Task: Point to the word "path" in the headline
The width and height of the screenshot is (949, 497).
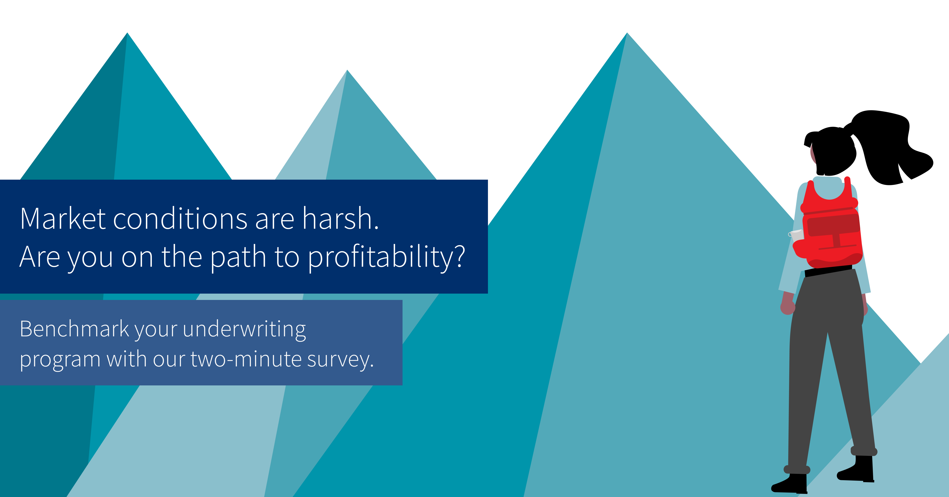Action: point(238,258)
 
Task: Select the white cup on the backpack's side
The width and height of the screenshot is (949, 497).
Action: point(796,234)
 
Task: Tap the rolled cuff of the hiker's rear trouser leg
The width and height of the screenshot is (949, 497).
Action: point(864,451)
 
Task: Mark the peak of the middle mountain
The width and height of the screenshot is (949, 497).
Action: point(347,70)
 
